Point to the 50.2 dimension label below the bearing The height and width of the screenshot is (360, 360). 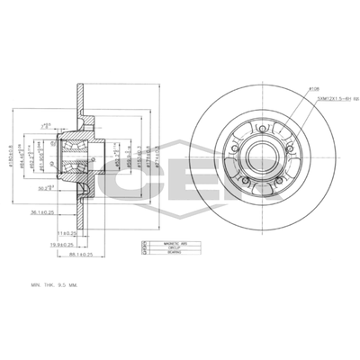click(x=69, y=187)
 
